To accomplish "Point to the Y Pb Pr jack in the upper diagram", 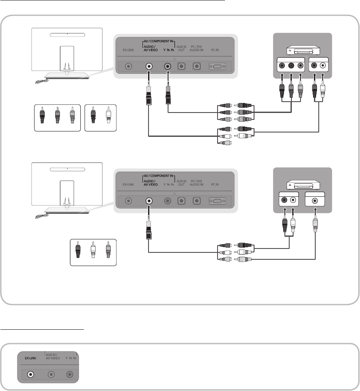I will (168, 66).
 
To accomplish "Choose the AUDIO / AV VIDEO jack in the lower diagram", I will (149, 201).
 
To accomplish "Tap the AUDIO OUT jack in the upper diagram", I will (182, 66).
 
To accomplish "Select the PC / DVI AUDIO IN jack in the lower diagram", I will (197, 201).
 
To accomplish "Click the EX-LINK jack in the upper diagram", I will (128, 66).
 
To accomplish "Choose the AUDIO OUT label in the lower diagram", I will (182, 182).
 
